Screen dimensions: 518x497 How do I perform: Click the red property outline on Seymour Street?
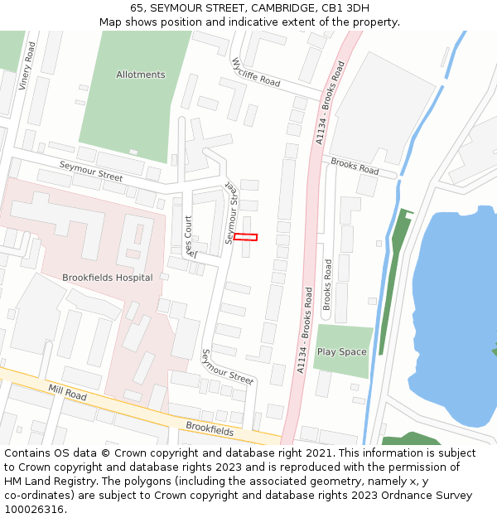pyautogui.click(x=245, y=237)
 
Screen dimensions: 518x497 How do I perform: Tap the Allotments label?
pyautogui.click(x=141, y=75)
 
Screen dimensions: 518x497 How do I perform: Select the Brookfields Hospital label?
pyautogui.click(x=108, y=278)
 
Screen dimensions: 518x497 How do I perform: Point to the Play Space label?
pyautogui.click(x=341, y=352)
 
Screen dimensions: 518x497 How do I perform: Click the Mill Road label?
pyautogui.click(x=67, y=392)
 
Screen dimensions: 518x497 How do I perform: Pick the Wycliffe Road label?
pyautogui.click(x=256, y=72)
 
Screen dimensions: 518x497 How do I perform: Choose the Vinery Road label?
pyautogui.click(x=27, y=65)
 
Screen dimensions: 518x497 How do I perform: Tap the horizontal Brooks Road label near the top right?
pyautogui.click(x=355, y=166)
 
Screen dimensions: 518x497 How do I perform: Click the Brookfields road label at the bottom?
pyautogui.click(x=210, y=428)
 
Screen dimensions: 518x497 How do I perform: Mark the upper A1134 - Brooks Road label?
pyautogui.click(x=330, y=103)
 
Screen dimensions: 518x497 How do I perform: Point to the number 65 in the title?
pyautogui.click(x=138, y=7)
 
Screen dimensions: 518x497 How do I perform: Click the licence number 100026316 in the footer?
pyautogui.click(x=35, y=510)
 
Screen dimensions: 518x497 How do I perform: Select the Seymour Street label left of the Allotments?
pyautogui.click(x=91, y=172)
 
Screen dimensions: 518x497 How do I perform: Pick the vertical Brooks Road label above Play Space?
pyautogui.click(x=327, y=284)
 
